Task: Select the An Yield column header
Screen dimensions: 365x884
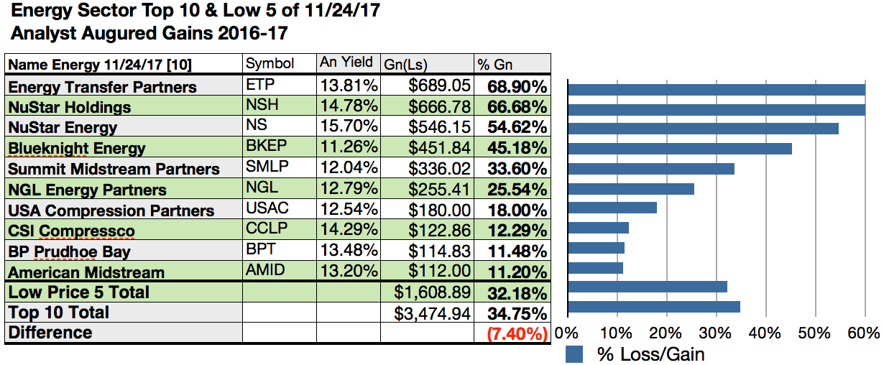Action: click(x=346, y=63)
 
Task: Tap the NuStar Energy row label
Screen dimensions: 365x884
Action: click(x=63, y=128)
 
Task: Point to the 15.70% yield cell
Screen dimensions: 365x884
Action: click(x=349, y=128)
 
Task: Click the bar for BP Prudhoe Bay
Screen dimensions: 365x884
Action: click(x=596, y=248)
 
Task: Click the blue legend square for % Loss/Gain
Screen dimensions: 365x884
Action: click(x=574, y=354)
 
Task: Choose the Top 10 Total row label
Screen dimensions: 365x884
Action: click(x=59, y=313)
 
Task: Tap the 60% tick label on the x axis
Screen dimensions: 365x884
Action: click(x=862, y=333)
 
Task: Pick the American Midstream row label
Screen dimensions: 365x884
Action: click(x=86, y=272)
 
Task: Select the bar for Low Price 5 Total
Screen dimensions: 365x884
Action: click(x=647, y=287)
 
